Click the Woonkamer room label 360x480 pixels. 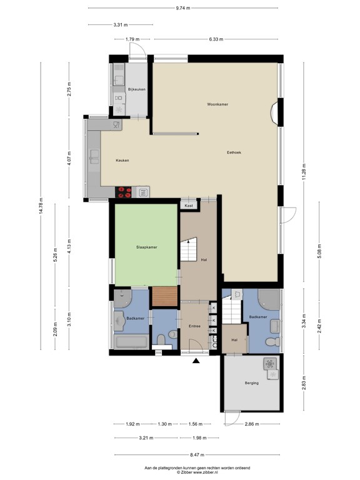(217, 104)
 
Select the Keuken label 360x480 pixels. (122, 161)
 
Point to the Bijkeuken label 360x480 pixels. (136, 90)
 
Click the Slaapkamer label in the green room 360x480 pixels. (147, 247)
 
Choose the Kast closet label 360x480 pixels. (188, 205)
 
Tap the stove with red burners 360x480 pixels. (124, 192)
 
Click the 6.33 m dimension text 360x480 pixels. (216, 39)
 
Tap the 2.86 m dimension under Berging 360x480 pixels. (251, 424)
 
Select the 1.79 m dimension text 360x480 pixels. (132, 39)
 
